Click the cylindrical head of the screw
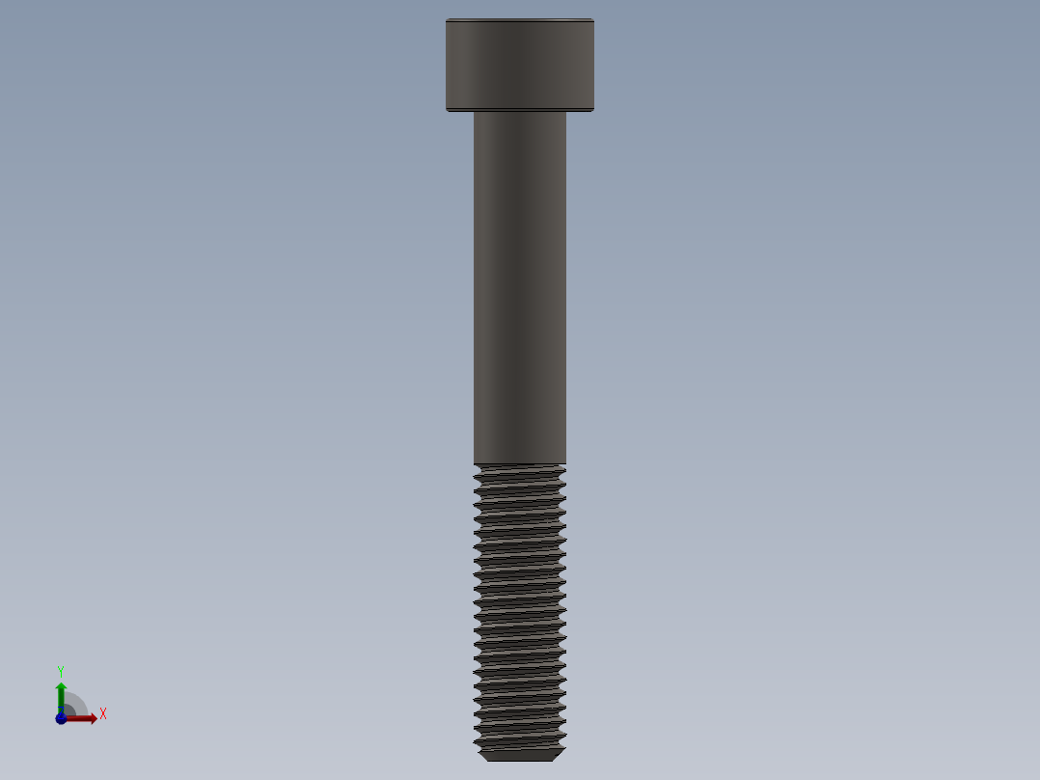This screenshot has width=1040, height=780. pyautogui.click(x=519, y=65)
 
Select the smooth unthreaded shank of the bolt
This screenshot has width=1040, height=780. pyautogui.click(x=519, y=290)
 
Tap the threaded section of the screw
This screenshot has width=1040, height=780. pyautogui.click(x=519, y=608)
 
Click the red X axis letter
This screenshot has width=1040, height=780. pyautogui.click(x=102, y=714)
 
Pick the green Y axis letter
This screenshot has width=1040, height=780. pyautogui.click(x=61, y=670)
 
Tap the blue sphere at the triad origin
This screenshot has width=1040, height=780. pyautogui.click(x=61, y=718)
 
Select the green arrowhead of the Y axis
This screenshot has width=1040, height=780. pyautogui.click(x=61, y=687)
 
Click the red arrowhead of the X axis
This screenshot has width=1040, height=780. pyautogui.click(x=92, y=718)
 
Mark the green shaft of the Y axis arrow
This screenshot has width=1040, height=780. pyautogui.click(x=61, y=703)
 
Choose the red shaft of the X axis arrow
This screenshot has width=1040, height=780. pyautogui.click(x=77, y=718)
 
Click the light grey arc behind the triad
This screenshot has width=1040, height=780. pyautogui.click(x=77, y=701)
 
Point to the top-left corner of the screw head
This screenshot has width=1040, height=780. pyautogui.click(x=447, y=20)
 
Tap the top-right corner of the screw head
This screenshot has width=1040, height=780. pyautogui.click(x=592, y=20)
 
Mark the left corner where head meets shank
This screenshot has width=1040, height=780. pyautogui.click(x=474, y=112)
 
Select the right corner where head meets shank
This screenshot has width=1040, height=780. pyautogui.click(x=566, y=112)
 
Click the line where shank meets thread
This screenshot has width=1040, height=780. pyautogui.click(x=519, y=464)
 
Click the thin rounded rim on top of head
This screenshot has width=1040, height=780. pyautogui.click(x=519, y=20)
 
